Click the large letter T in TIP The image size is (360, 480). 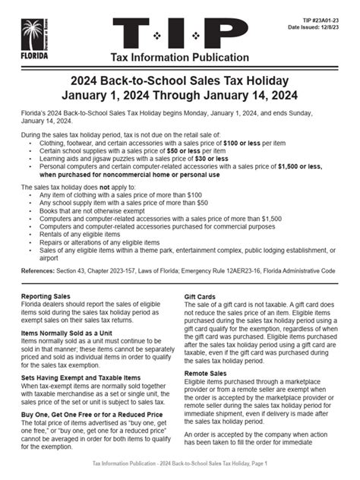pos(137,35)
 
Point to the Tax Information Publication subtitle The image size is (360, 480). pos(179,59)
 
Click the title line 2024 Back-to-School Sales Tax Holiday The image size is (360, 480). pos(179,81)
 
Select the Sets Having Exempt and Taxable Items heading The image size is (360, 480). pos(81,377)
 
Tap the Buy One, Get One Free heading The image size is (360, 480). pos(87,415)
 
